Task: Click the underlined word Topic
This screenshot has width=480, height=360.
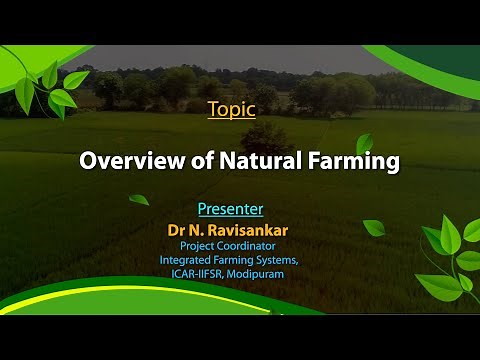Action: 231,109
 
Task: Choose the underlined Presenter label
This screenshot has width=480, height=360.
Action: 230,209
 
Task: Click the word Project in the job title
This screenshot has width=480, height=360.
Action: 199,245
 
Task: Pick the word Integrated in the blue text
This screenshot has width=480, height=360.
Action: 187,260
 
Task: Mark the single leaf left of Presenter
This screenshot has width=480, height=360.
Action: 139,199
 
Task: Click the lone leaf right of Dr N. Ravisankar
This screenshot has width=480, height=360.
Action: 373,228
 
